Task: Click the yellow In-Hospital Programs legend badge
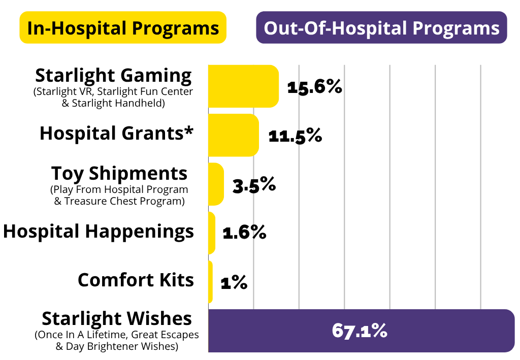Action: (x=123, y=27)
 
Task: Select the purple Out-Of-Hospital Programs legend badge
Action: (x=382, y=27)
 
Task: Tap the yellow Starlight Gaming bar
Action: (x=243, y=86)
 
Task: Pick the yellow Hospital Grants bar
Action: (x=234, y=135)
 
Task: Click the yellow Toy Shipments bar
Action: (x=216, y=184)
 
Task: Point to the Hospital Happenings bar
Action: (x=212, y=233)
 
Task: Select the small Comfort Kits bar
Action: (x=210, y=282)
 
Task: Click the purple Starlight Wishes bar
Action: (x=362, y=331)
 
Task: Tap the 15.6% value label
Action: (x=314, y=87)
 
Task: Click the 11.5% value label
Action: (x=295, y=136)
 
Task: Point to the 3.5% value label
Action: (x=254, y=185)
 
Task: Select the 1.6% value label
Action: (x=244, y=233)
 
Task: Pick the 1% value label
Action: (x=234, y=282)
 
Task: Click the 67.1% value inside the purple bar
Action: (x=360, y=331)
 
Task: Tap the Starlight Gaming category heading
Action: (x=113, y=76)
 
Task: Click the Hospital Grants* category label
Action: (x=117, y=134)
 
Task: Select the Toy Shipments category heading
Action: (x=119, y=174)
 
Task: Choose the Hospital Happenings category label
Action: (x=99, y=232)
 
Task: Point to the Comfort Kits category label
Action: (x=136, y=280)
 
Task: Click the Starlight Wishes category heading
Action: (x=117, y=319)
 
